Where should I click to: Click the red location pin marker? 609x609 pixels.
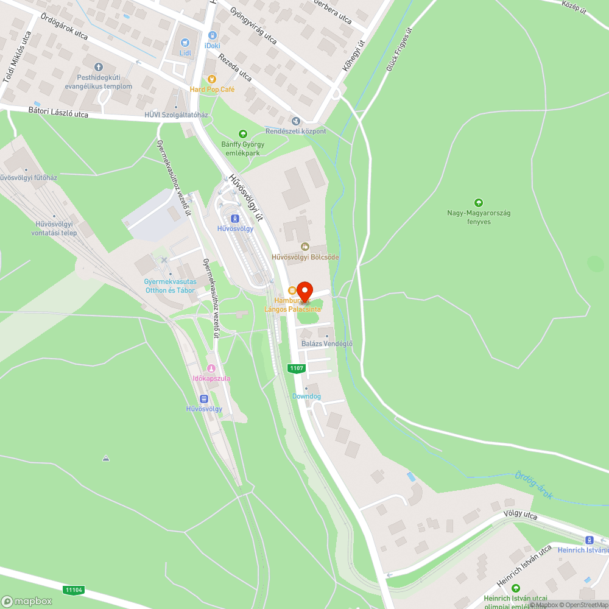(303, 290)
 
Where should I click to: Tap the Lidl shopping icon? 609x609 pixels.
(186, 43)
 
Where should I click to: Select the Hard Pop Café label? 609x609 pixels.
(212, 90)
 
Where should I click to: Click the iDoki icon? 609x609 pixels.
(213, 35)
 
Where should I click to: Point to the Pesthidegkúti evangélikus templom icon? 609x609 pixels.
(99, 67)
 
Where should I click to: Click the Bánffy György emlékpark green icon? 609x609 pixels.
(243, 134)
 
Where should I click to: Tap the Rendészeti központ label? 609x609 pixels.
(296, 131)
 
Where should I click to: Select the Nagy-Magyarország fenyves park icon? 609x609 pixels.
(478, 203)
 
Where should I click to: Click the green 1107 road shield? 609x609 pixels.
(296, 368)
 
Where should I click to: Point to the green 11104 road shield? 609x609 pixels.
(73, 590)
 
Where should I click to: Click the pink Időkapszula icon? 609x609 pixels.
(211, 368)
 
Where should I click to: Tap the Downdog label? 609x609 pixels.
(306, 396)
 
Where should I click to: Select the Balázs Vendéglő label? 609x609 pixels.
(327, 343)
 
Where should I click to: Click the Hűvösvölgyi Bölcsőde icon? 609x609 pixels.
(304, 247)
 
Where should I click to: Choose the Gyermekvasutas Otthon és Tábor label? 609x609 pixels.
(170, 286)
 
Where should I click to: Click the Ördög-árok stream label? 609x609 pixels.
(533, 485)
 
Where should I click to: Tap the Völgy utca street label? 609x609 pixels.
(520, 515)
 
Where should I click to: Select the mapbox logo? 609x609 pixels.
(27, 600)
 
